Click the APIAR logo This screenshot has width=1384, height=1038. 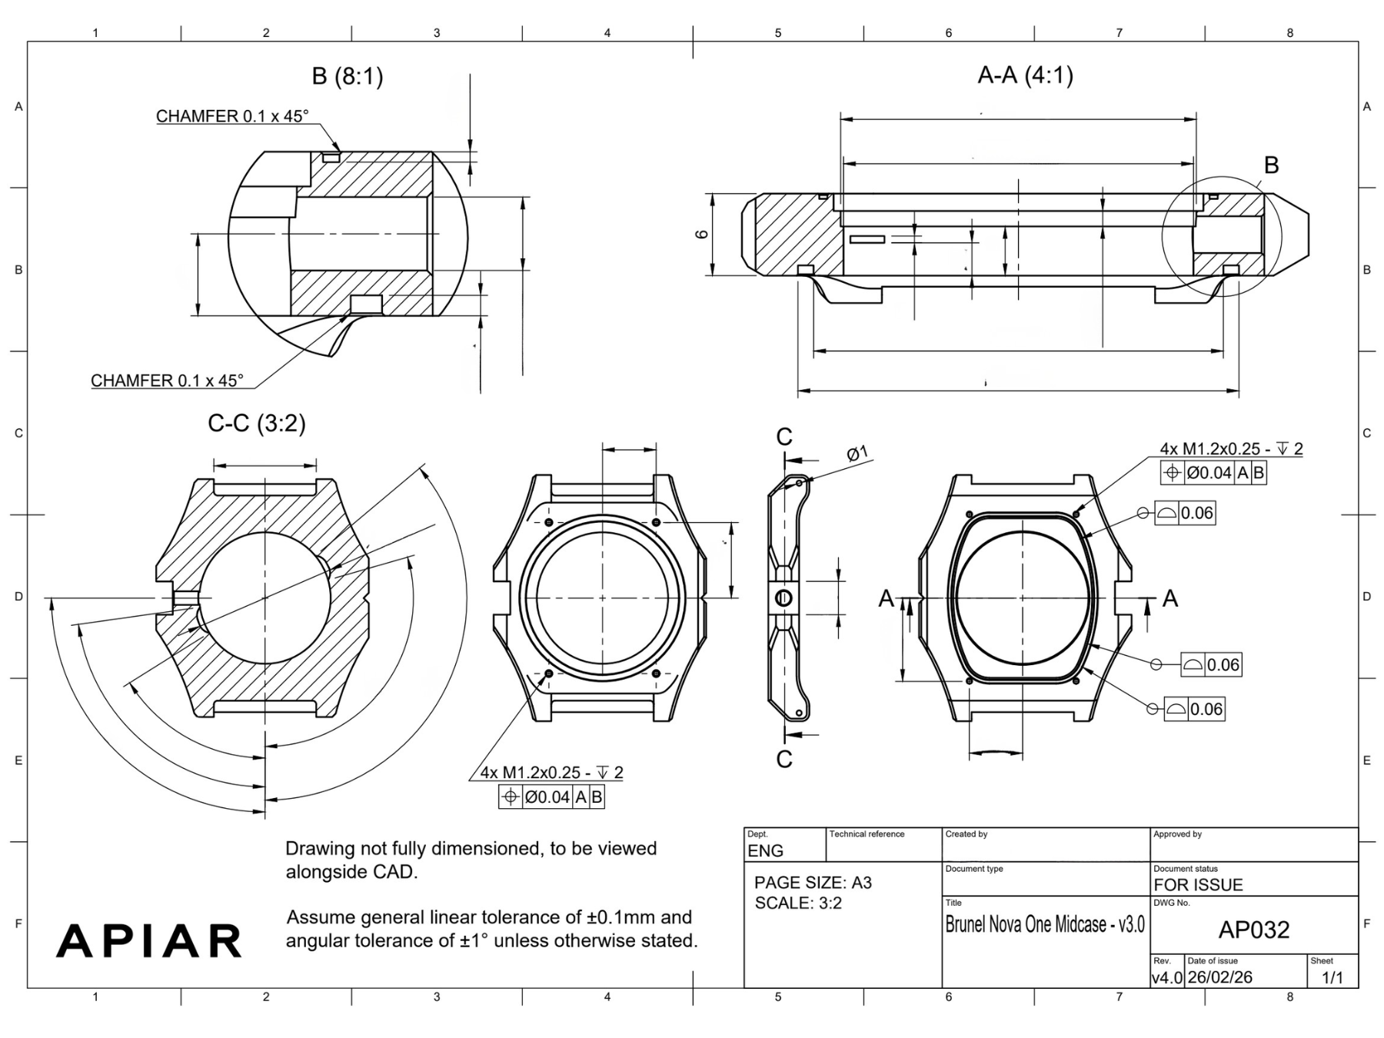pyautogui.click(x=149, y=940)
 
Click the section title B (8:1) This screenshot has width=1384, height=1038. pyautogui.click(x=347, y=77)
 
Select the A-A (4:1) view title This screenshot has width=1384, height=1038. pyautogui.click(x=1025, y=75)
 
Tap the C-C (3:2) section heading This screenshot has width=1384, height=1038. pyautogui.click(x=257, y=424)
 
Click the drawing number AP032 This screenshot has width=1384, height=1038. pyautogui.click(x=1253, y=930)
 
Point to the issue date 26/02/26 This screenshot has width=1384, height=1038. pyautogui.click(x=1220, y=977)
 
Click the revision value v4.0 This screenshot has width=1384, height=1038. pyautogui.click(x=1167, y=978)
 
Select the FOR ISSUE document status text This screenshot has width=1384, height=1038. pyautogui.click(x=1198, y=884)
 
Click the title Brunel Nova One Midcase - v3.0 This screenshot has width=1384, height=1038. pyautogui.click(x=1044, y=924)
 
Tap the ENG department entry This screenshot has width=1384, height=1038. pyautogui.click(x=765, y=850)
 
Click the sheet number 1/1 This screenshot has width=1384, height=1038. pyautogui.click(x=1332, y=977)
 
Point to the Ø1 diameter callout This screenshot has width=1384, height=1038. pyautogui.click(x=857, y=453)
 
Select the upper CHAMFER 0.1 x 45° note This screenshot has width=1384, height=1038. pyautogui.click(x=232, y=116)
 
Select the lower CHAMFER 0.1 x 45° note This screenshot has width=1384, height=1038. pyautogui.click(x=167, y=381)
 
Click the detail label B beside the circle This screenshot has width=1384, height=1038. pyautogui.click(x=1271, y=165)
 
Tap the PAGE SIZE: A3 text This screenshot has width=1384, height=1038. pyautogui.click(x=813, y=883)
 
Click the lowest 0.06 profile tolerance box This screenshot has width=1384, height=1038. pyautogui.click(x=1194, y=709)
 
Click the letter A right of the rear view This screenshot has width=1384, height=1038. pyautogui.click(x=1169, y=598)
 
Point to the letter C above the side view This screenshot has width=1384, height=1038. pyautogui.click(x=783, y=437)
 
